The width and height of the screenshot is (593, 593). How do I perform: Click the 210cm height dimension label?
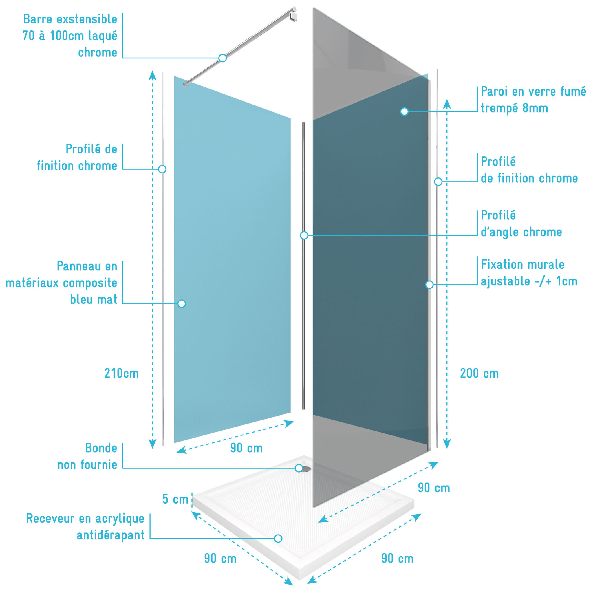[122, 374]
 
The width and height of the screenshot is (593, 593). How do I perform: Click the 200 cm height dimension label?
[479, 374]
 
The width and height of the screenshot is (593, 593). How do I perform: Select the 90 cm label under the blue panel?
[246, 448]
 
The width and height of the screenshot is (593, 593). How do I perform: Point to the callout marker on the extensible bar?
[223, 58]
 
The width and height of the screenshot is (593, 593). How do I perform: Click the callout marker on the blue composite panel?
[182, 303]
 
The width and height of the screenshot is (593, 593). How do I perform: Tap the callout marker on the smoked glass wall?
[405, 111]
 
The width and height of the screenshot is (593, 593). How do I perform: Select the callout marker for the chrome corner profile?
[304, 235]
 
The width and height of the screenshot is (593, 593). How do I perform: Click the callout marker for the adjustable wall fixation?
[429, 285]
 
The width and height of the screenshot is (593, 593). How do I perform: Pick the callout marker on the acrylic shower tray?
[278, 538]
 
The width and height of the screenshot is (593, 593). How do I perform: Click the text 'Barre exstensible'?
[70, 19]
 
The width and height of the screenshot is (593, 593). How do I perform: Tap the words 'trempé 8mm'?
[515, 108]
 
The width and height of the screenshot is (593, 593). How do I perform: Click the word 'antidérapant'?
[111, 535]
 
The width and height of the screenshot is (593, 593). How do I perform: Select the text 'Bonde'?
[101, 448]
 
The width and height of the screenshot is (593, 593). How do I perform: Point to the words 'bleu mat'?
[94, 299]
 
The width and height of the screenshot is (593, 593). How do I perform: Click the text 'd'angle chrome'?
[521, 232]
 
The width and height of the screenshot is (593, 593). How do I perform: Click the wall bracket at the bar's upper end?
[293, 14]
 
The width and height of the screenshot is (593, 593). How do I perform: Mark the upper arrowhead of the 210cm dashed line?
[153, 75]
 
